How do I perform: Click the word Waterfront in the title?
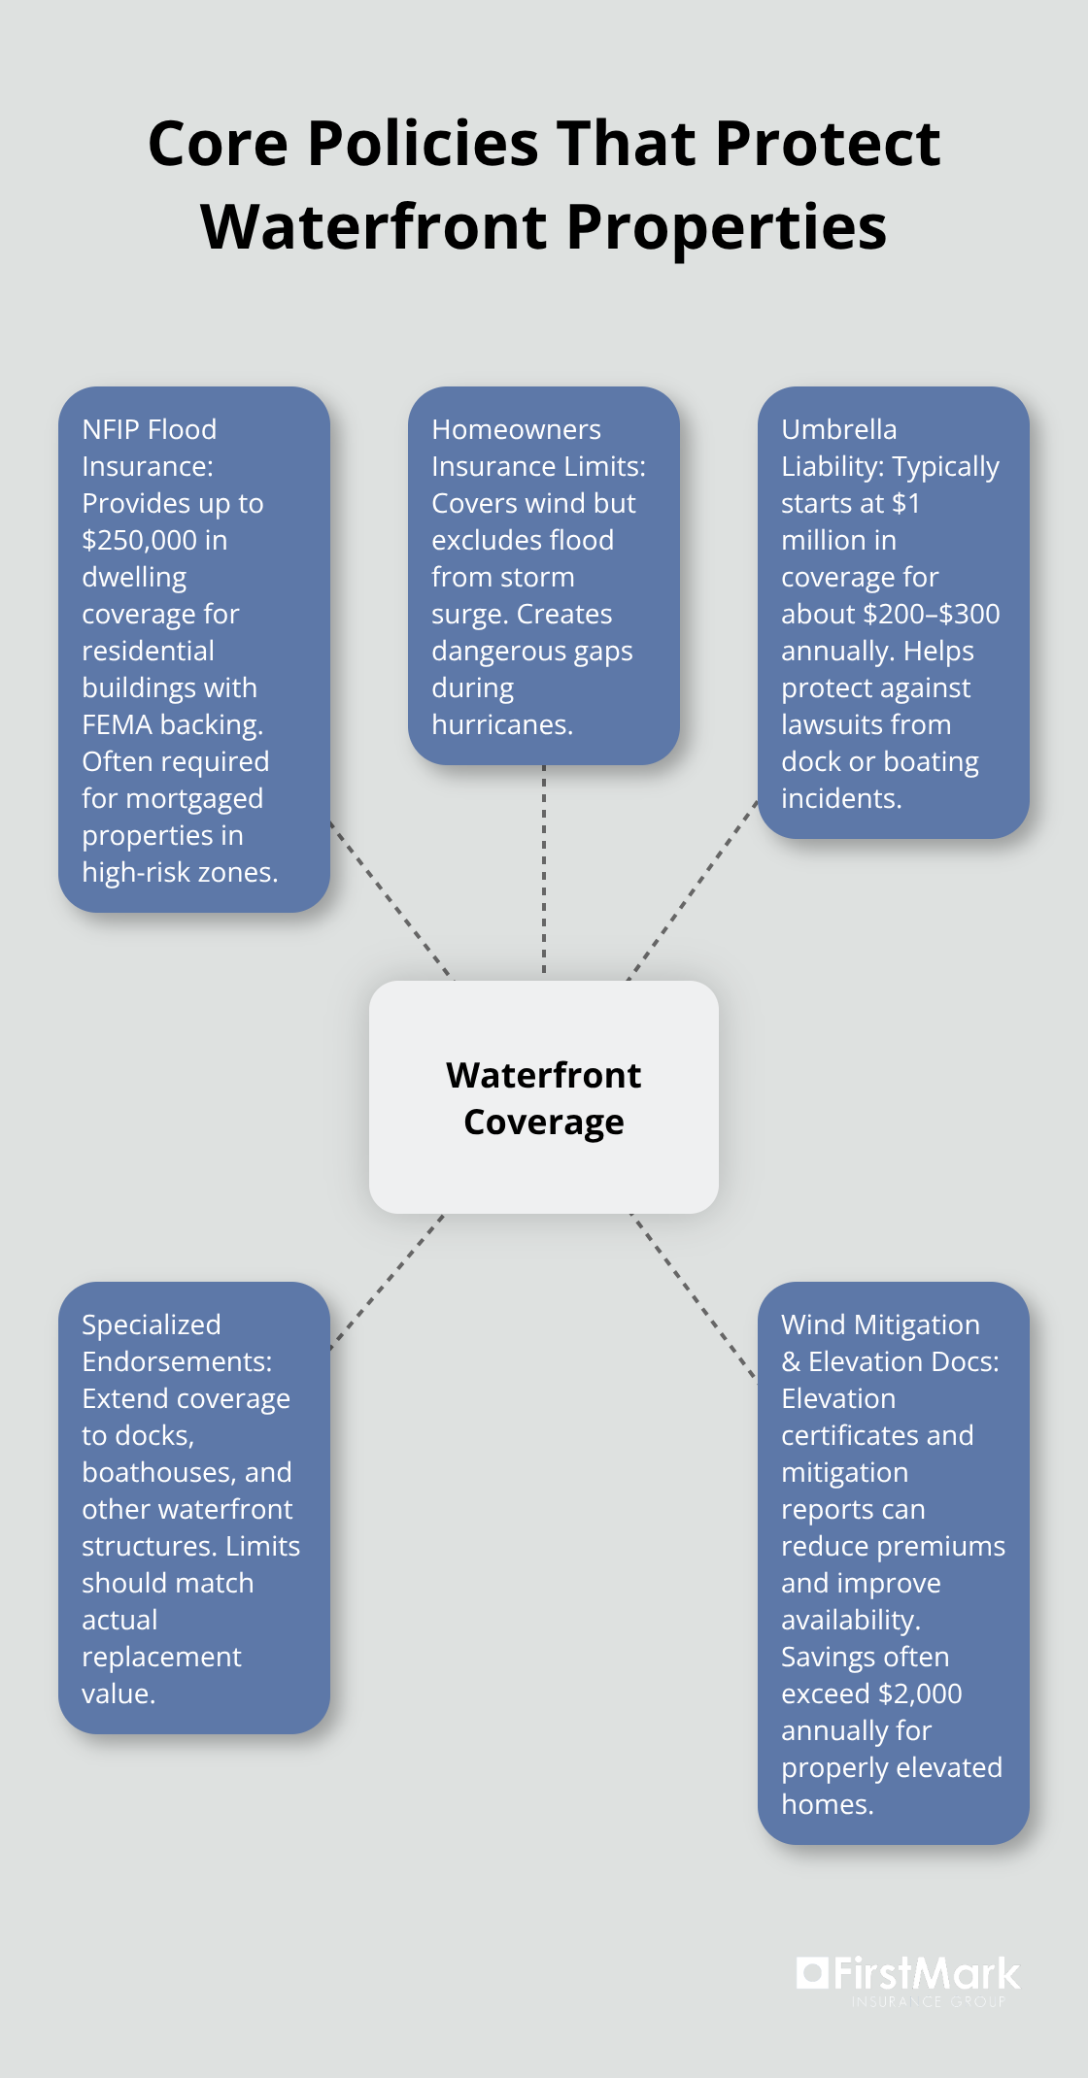(x=375, y=227)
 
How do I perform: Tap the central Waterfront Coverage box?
(x=544, y=1097)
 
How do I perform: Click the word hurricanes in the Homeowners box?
(x=501, y=724)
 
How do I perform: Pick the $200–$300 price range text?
(x=931, y=614)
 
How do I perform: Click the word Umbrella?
(x=838, y=429)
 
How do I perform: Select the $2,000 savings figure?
(x=919, y=1693)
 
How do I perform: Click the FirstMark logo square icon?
(x=812, y=1972)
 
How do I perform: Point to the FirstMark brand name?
(x=927, y=1974)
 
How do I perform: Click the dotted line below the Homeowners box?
(x=544, y=869)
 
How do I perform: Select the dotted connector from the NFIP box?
(x=391, y=899)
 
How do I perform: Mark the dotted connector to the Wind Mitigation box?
(x=693, y=1295)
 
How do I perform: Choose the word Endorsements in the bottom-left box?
(x=176, y=1361)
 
